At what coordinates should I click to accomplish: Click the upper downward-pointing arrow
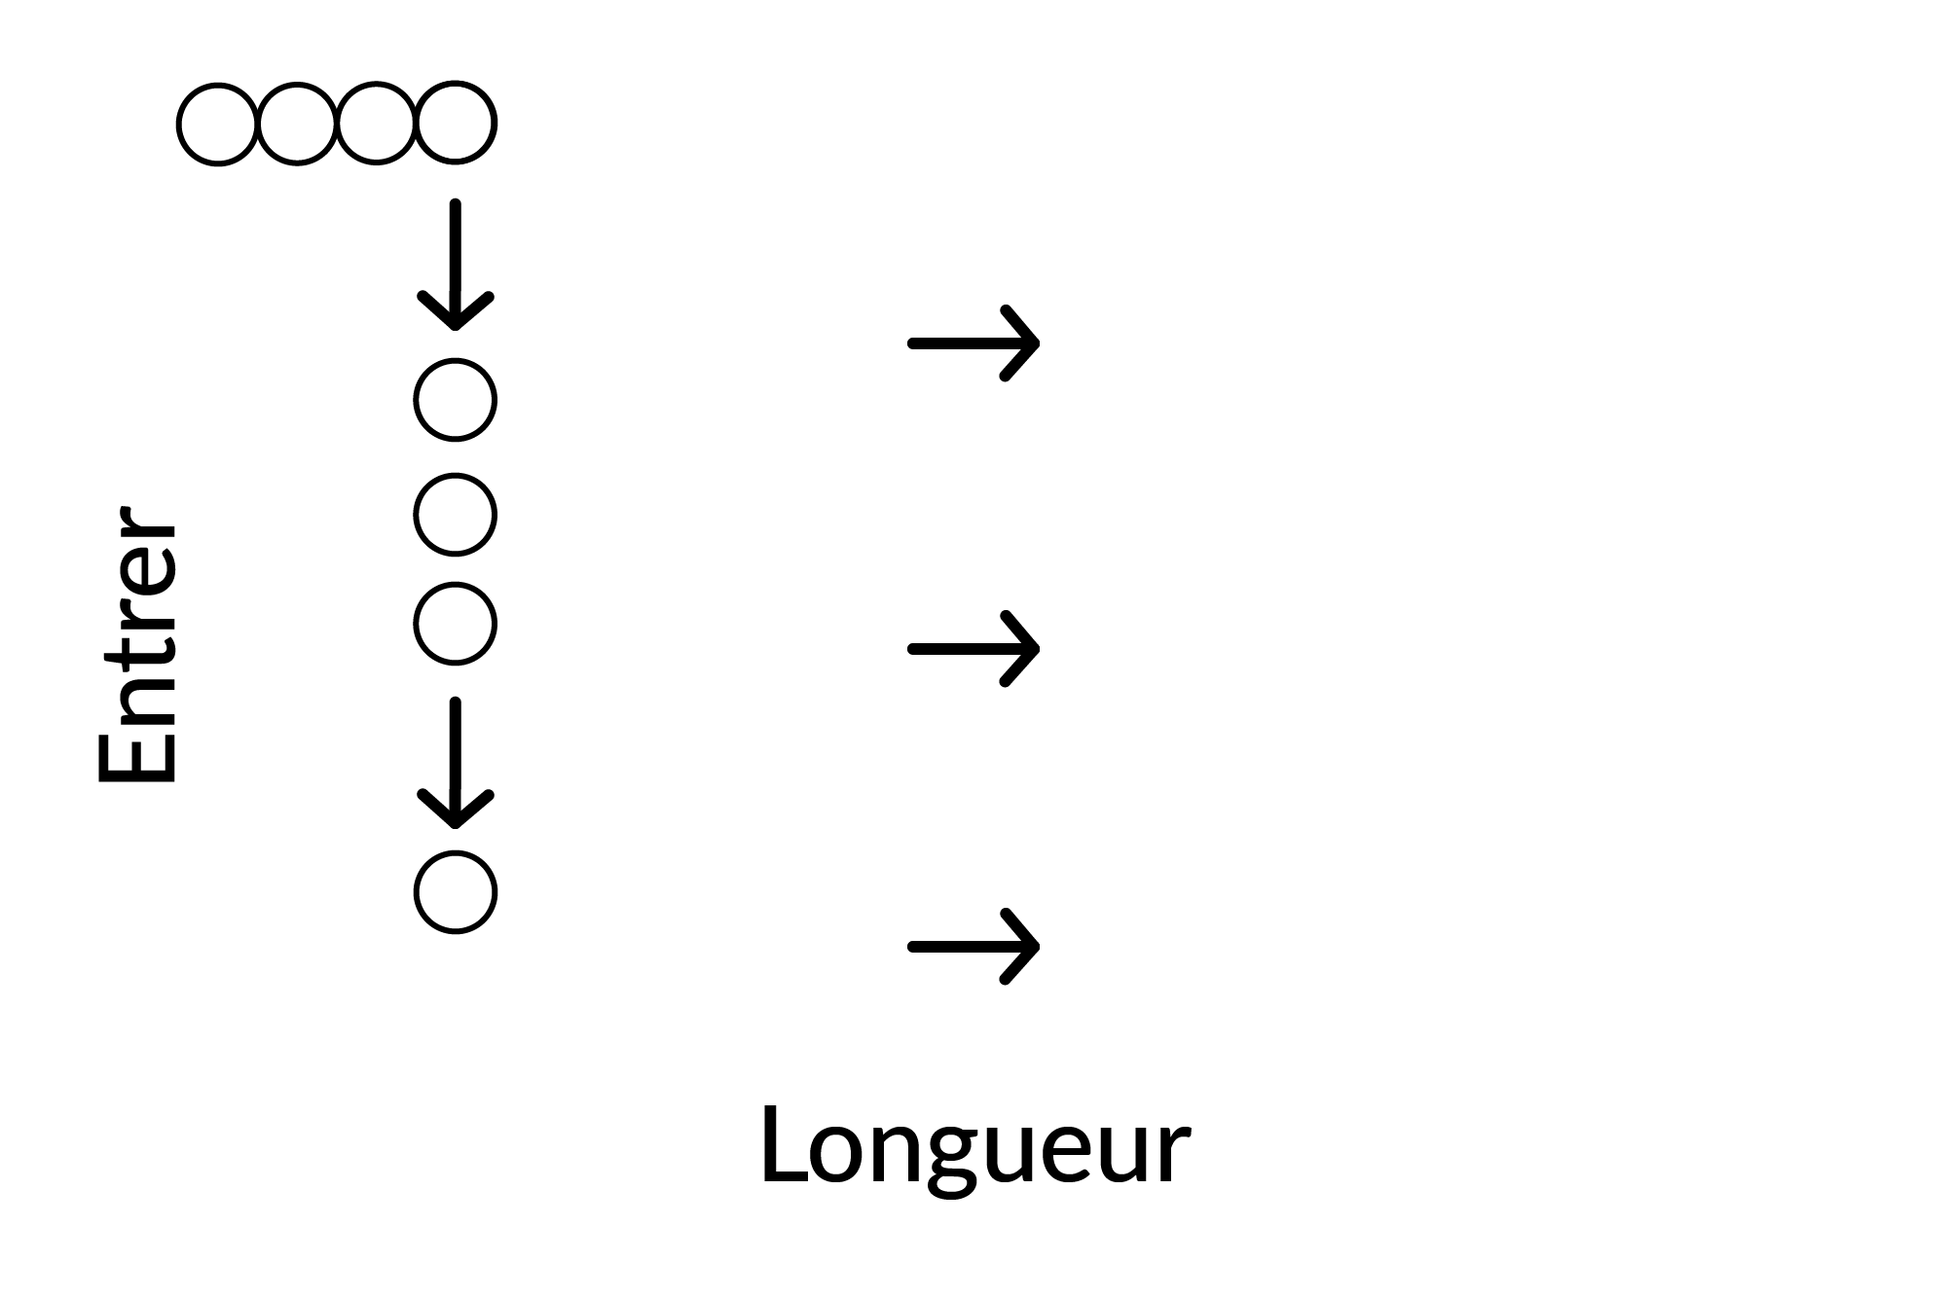[456, 265]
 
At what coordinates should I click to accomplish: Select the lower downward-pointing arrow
[456, 763]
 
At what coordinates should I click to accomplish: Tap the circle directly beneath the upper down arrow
[416, 400]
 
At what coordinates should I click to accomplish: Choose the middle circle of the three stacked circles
[416, 515]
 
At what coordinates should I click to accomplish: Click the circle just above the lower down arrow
[416, 624]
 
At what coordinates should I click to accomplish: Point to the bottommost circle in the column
[416, 892]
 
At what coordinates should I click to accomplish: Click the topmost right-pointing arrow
[973, 343]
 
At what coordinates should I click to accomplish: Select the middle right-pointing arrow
[973, 648]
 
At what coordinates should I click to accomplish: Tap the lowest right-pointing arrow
[973, 946]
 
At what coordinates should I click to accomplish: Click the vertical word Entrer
[138, 643]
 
